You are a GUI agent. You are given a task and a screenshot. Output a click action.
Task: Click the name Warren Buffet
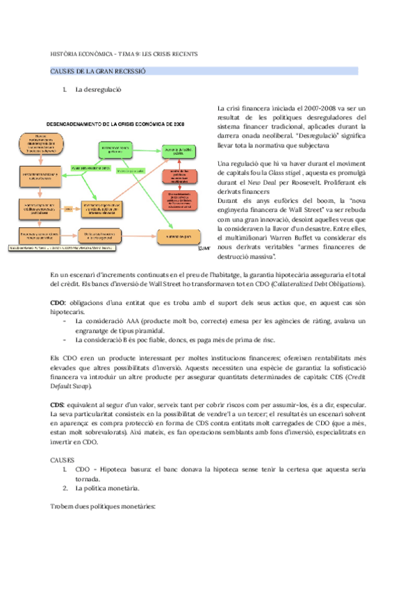(x=300, y=238)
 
